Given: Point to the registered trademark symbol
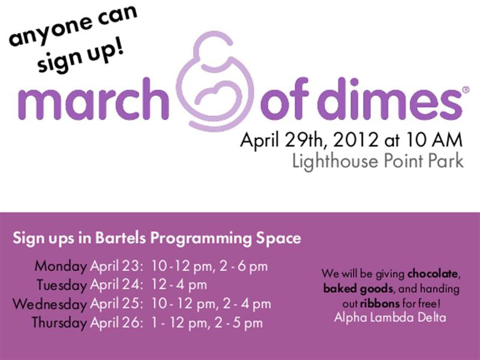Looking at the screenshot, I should pos(466,90).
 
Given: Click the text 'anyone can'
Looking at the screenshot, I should pos(73,26).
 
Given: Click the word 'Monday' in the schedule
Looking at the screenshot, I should pos(61,266).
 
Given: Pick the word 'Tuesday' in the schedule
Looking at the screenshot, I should pos(61,284).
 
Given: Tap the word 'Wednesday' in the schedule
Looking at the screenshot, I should pos(50,304).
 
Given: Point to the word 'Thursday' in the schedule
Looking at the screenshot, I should pos(59,323).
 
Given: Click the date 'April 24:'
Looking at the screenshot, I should pos(116,284).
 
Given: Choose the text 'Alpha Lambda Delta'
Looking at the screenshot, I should pos(389,317).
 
